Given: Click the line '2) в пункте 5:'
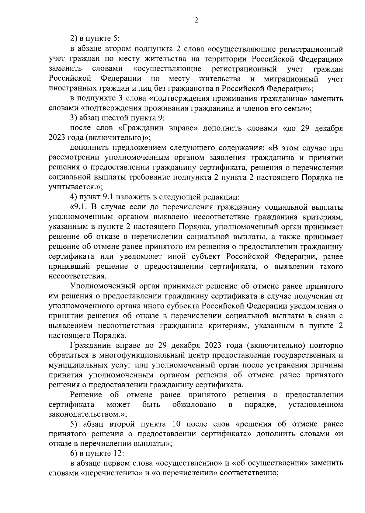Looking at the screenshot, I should [95, 39].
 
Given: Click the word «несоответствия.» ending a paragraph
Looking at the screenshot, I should [78, 276].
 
